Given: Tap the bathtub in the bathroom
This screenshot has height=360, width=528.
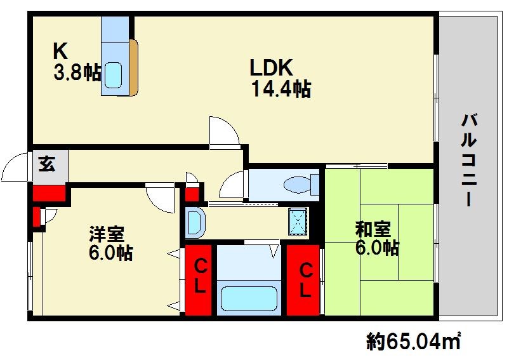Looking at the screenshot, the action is pyautogui.click(x=249, y=298).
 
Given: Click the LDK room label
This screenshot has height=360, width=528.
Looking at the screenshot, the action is pyautogui.click(x=271, y=67).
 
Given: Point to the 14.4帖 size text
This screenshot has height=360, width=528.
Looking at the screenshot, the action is pyautogui.click(x=281, y=89).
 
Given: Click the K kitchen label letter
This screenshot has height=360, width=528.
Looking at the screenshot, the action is pyautogui.click(x=60, y=51).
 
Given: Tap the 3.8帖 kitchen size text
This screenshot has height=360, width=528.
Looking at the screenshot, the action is pyautogui.click(x=77, y=72).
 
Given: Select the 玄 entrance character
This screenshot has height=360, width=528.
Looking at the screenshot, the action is pyautogui.click(x=47, y=164).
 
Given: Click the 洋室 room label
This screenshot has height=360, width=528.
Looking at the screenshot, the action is pyautogui.click(x=107, y=234).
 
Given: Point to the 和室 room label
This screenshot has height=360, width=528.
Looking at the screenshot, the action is pyautogui.click(x=373, y=229).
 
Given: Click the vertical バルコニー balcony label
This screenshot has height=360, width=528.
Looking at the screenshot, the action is pyautogui.click(x=469, y=160).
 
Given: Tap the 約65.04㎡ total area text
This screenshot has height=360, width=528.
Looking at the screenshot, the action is pyautogui.click(x=414, y=341).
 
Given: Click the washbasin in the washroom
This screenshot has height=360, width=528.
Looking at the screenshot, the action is pyautogui.click(x=195, y=222).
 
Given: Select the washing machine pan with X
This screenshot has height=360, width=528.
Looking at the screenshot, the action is pyautogui.click(x=298, y=221).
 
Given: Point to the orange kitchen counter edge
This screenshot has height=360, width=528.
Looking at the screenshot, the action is pyautogui.click(x=134, y=68).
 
